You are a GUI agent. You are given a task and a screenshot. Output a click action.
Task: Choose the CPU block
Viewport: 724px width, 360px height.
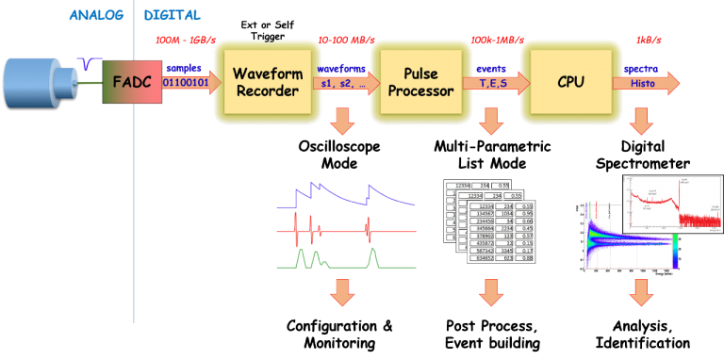click(x=569, y=82)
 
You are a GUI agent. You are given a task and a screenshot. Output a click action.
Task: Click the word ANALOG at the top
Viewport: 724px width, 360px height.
click(x=99, y=15)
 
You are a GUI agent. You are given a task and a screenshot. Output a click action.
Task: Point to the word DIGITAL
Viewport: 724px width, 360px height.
click(x=173, y=15)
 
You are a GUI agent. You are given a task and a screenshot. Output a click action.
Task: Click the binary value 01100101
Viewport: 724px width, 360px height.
click(x=187, y=83)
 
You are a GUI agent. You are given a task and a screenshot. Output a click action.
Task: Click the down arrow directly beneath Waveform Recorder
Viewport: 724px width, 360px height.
click(x=342, y=120)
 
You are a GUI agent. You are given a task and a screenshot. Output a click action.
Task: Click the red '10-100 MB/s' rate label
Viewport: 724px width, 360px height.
click(x=342, y=41)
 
